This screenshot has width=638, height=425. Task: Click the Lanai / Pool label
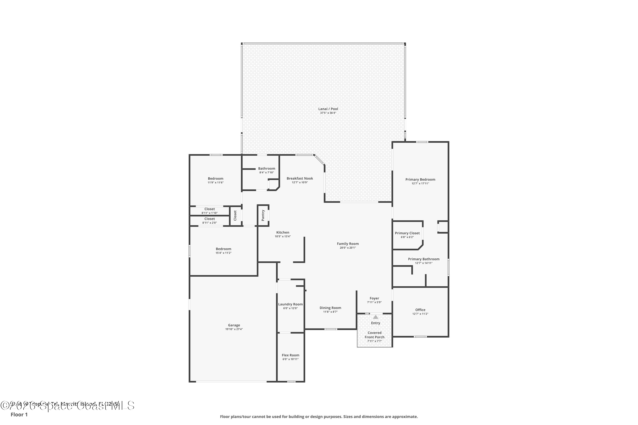(328, 109)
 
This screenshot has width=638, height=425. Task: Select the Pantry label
(263, 215)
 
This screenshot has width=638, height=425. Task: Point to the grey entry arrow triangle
(375, 317)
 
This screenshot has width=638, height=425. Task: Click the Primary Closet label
(407, 233)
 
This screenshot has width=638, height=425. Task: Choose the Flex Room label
(290, 355)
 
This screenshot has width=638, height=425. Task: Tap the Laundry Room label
(290, 304)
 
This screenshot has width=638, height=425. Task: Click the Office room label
(420, 310)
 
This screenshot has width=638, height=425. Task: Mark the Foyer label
(374, 298)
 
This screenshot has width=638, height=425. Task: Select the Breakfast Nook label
(300, 178)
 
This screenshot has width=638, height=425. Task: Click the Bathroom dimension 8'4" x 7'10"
(266, 173)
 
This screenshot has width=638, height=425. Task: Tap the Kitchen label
(283, 232)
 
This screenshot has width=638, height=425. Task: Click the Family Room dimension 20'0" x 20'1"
(348, 248)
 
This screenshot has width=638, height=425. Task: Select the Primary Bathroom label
(423, 259)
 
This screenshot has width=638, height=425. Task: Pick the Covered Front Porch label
(374, 335)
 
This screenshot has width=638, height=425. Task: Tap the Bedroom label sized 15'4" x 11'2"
(223, 249)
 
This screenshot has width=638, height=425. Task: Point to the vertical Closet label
(235, 215)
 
